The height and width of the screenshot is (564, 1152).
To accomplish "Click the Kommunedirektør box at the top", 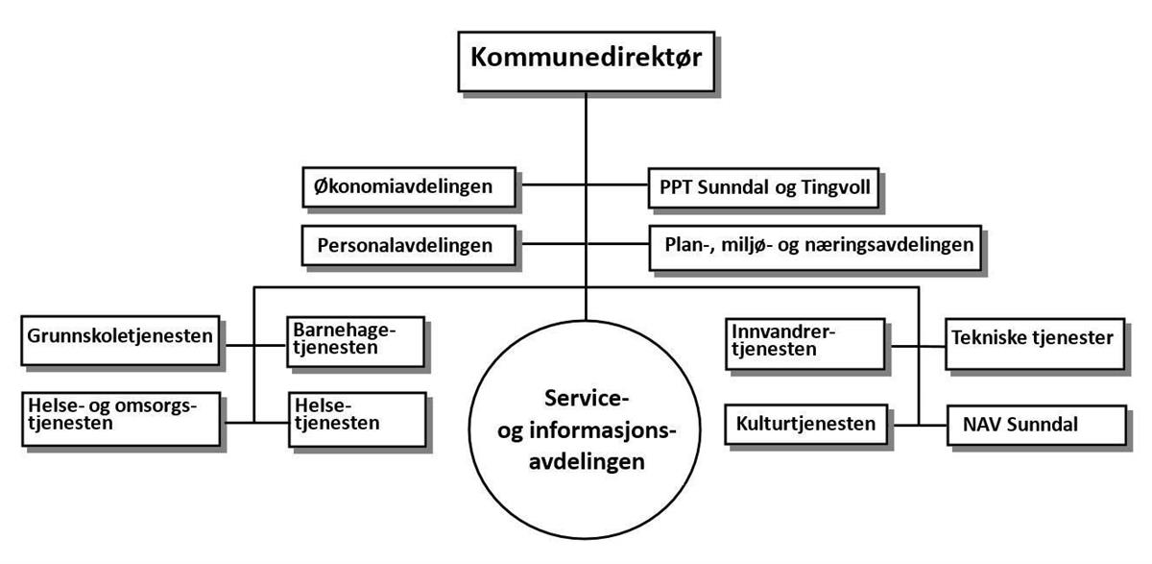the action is pos(587,61).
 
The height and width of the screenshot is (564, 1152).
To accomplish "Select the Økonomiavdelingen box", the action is pos(409,187).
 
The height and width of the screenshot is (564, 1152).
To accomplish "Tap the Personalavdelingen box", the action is pos(408,245).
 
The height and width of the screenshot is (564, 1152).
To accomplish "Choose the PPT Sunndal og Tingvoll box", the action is pos(763,187).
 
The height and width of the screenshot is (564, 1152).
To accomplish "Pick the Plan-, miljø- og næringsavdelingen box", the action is pos(815,248).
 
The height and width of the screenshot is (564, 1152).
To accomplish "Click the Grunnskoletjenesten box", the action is pos(120,341).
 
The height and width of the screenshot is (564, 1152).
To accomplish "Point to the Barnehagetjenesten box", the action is pos(355,342).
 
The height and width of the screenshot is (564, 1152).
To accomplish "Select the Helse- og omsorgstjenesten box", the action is pos(121,419).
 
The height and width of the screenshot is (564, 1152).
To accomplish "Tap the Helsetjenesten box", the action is pos(357,420).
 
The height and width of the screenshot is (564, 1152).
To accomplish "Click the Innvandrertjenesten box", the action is pos(804,344).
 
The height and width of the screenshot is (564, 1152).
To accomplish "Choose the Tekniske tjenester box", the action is pos(1035,344).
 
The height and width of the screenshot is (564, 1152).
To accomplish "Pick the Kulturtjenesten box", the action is pos(805,425).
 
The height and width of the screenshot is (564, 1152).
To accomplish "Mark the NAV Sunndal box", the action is pos(1037,425).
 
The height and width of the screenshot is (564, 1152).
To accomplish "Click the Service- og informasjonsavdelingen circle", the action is pos(585,429).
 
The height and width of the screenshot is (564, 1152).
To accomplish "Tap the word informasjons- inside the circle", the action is pos(602,430).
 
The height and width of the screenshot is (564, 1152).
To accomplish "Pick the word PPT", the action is pos(676,186).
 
